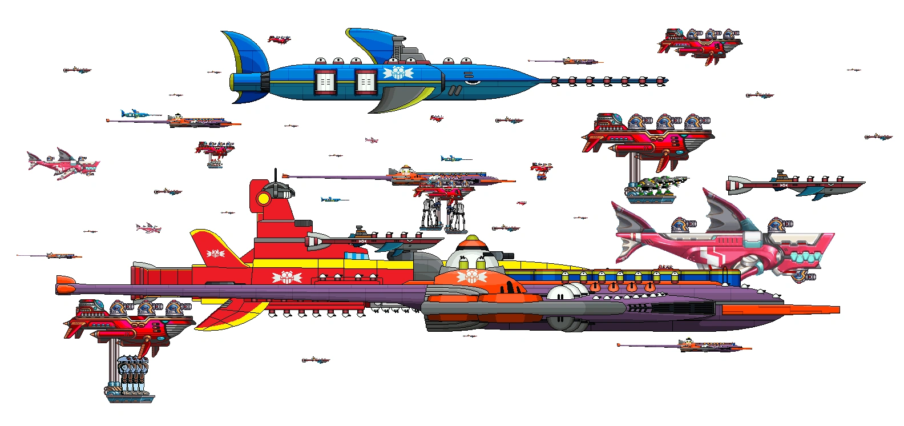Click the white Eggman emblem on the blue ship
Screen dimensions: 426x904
click(x=398, y=73)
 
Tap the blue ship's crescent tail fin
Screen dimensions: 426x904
click(x=247, y=63)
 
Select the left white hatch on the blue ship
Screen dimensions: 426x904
click(x=325, y=82)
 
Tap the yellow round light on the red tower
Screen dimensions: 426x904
click(x=264, y=199)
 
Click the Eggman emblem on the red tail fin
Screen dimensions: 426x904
click(x=215, y=253)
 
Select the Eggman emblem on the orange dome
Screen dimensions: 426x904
click(x=471, y=277)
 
